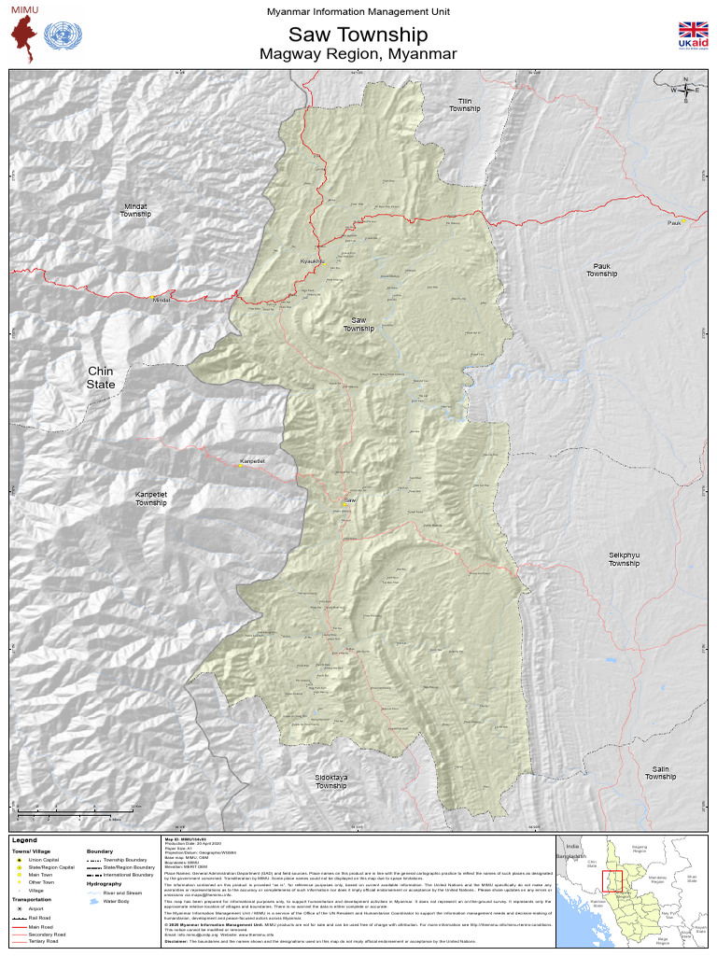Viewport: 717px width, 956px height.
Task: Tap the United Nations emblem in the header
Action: click(x=63, y=37)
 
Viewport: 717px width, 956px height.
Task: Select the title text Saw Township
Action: click(x=358, y=35)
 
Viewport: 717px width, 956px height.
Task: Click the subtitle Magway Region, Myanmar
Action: click(x=358, y=54)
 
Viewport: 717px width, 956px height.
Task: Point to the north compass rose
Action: click(x=686, y=90)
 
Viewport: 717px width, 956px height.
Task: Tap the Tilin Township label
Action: click(x=464, y=105)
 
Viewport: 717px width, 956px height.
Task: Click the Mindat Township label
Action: click(x=135, y=210)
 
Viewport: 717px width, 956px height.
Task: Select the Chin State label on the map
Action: click(x=100, y=377)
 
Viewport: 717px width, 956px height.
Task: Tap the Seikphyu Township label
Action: click(x=624, y=559)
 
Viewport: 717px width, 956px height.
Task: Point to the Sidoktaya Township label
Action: click(x=330, y=781)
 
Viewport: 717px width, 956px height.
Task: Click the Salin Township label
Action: click(x=660, y=772)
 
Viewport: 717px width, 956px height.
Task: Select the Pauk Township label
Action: click(x=601, y=270)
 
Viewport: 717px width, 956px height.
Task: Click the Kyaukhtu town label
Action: click(x=311, y=260)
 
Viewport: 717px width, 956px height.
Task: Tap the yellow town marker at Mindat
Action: click(x=153, y=297)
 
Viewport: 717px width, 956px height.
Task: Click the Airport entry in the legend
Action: click(x=36, y=908)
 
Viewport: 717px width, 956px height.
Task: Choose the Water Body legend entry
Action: click(x=115, y=902)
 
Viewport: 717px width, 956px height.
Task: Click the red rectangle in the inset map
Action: click(x=612, y=881)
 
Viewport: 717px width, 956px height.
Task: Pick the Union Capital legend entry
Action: click(x=42, y=860)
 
